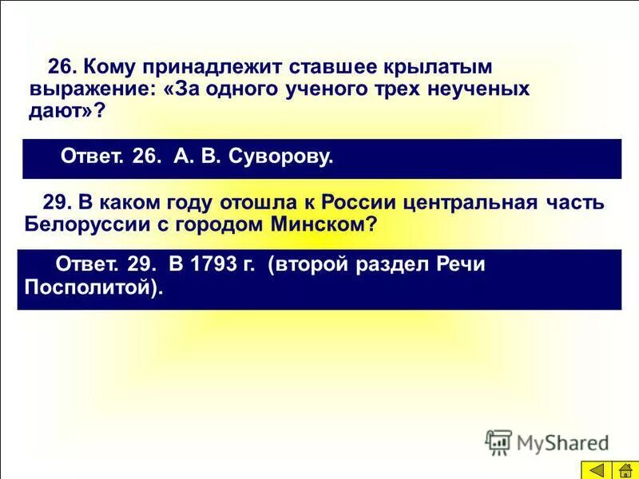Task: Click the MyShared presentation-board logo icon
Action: pyautogui.click(x=499, y=441)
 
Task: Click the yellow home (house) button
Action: pyautogui.click(x=621, y=469)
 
